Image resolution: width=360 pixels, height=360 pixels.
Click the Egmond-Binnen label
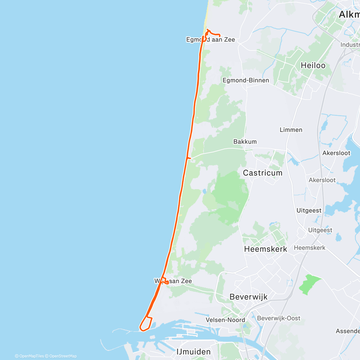pyautogui.click(x=246, y=80)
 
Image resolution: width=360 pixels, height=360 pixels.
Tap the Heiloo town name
pyautogui.click(x=313, y=65)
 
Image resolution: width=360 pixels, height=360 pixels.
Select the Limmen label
pyautogui.click(x=291, y=130)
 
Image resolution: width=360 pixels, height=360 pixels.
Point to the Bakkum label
pyautogui.click(x=245, y=142)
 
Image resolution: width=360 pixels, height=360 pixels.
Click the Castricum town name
pyautogui.click(x=262, y=173)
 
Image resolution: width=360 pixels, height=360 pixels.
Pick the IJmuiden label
pyautogui.click(x=193, y=352)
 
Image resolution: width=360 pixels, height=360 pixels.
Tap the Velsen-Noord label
pyautogui.click(x=225, y=320)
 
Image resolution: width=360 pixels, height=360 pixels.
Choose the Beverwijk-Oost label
pyautogui.click(x=278, y=318)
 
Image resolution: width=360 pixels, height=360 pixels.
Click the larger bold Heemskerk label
pyautogui.click(x=265, y=249)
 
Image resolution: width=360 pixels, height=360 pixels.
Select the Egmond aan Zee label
pyautogui.click(x=211, y=40)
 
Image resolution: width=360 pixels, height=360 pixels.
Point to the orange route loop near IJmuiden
pyautogui.click(x=146, y=324)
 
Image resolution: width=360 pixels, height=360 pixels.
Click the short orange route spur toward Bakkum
pyautogui.click(x=189, y=158)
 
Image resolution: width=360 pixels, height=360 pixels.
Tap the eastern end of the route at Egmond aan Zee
pyautogui.click(x=220, y=36)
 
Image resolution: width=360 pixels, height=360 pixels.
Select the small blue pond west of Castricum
pyautogui.click(x=204, y=191)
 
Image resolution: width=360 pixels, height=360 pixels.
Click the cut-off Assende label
pyautogui.click(x=348, y=331)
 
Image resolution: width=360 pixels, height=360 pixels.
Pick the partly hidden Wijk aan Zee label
pyautogui.click(x=173, y=281)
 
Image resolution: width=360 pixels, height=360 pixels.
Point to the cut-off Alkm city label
pyautogui.click(x=349, y=14)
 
